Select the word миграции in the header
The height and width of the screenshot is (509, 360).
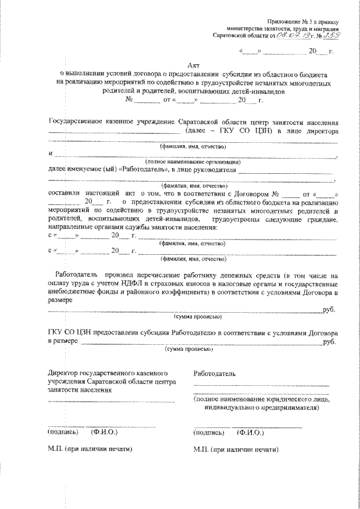pyautogui.click(x=323, y=28)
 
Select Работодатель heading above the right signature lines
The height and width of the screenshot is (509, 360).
pyautogui.click(x=214, y=373)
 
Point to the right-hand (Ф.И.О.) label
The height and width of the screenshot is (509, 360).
pyautogui.click(x=251, y=433)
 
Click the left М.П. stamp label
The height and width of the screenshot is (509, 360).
pyautogui.click(x=55, y=450)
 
